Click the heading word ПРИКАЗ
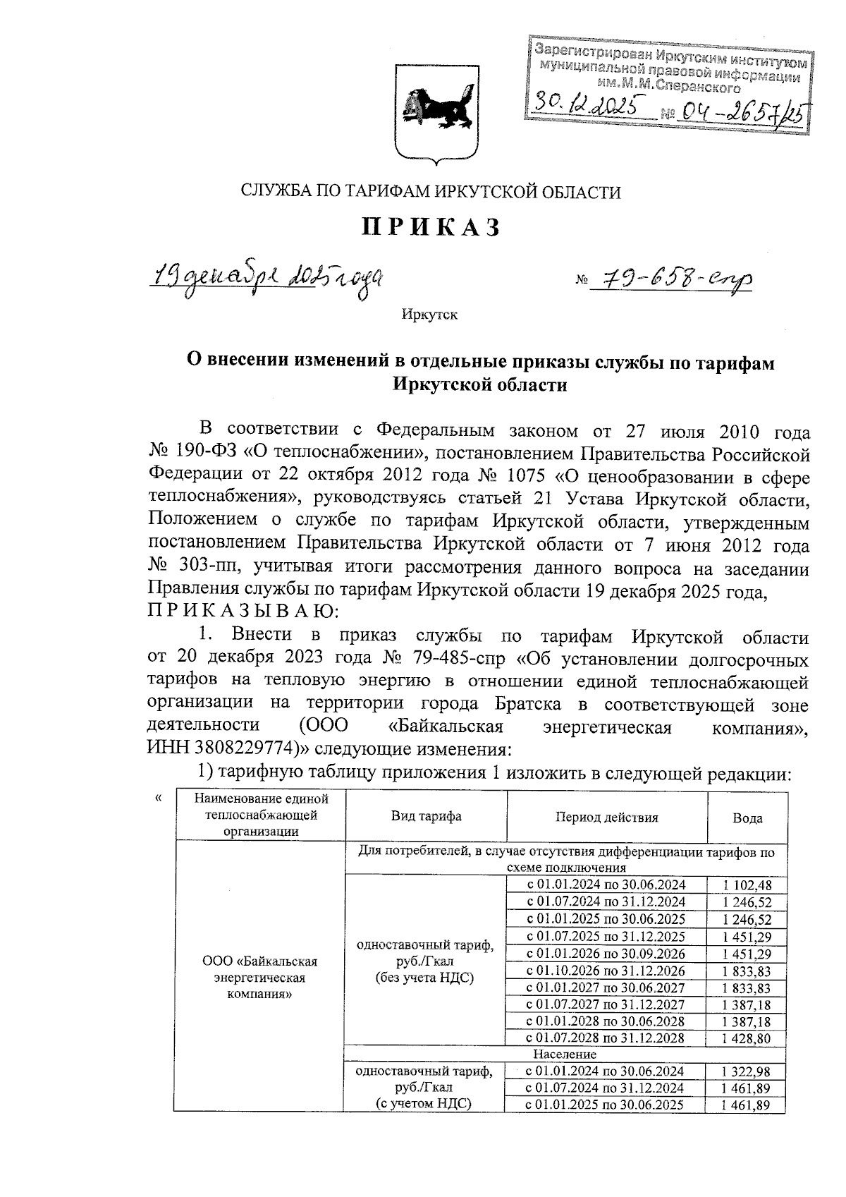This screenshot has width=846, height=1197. [431, 227]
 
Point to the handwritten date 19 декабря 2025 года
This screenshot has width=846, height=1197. [268, 277]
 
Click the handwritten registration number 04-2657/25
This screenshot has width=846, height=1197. [740, 111]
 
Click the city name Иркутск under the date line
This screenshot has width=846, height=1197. [429, 315]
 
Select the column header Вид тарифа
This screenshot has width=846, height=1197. [426, 817]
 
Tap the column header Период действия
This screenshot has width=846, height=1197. [606, 818]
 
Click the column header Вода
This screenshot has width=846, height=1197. [747, 818]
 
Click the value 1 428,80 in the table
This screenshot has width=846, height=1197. [747, 1038]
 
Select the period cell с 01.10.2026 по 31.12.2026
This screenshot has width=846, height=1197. [606, 971]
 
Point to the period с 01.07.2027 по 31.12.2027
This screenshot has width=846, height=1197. [606, 1004]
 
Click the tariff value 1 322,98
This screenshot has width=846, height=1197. [747, 1071]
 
